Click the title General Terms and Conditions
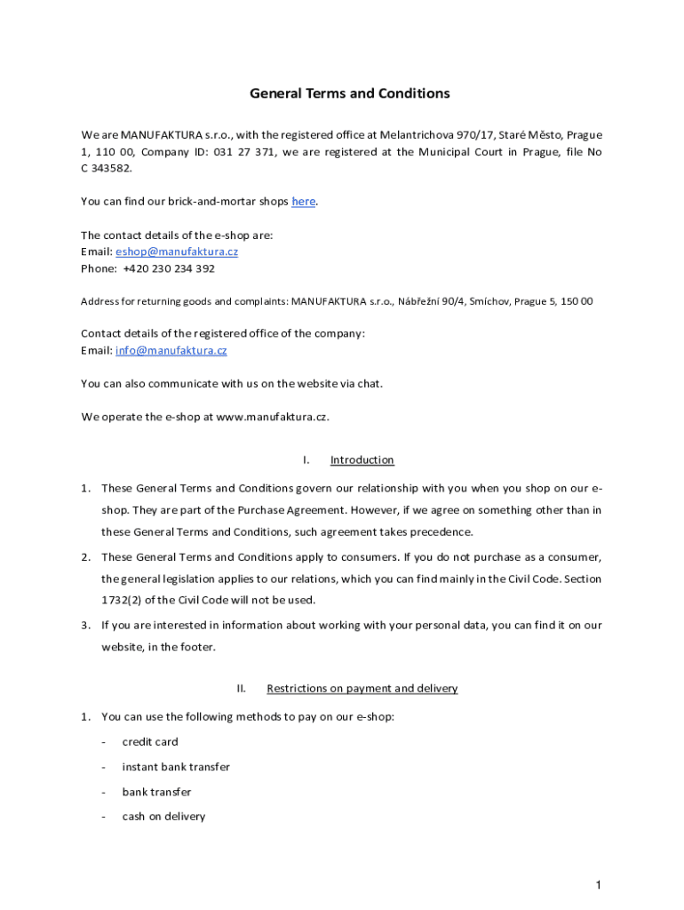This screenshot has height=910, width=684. (x=349, y=93)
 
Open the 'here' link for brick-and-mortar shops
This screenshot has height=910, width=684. (x=303, y=202)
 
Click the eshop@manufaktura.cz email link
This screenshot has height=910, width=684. (x=177, y=251)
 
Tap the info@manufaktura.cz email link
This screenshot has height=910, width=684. (x=171, y=350)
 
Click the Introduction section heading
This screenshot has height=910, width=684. (x=362, y=460)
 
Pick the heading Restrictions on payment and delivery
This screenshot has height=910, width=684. (x=362, y=689)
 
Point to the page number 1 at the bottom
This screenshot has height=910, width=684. (x=599, y=884)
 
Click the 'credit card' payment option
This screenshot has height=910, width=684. (x=150, y=742)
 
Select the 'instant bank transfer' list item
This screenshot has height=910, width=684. (x=176, y=767)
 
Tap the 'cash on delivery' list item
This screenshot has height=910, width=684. (x=163, y=817)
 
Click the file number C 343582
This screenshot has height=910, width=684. (x=107, y=169)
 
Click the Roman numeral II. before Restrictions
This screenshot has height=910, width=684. (x=241, y=689)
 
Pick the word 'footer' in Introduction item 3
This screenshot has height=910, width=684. (x=195, y=647)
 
